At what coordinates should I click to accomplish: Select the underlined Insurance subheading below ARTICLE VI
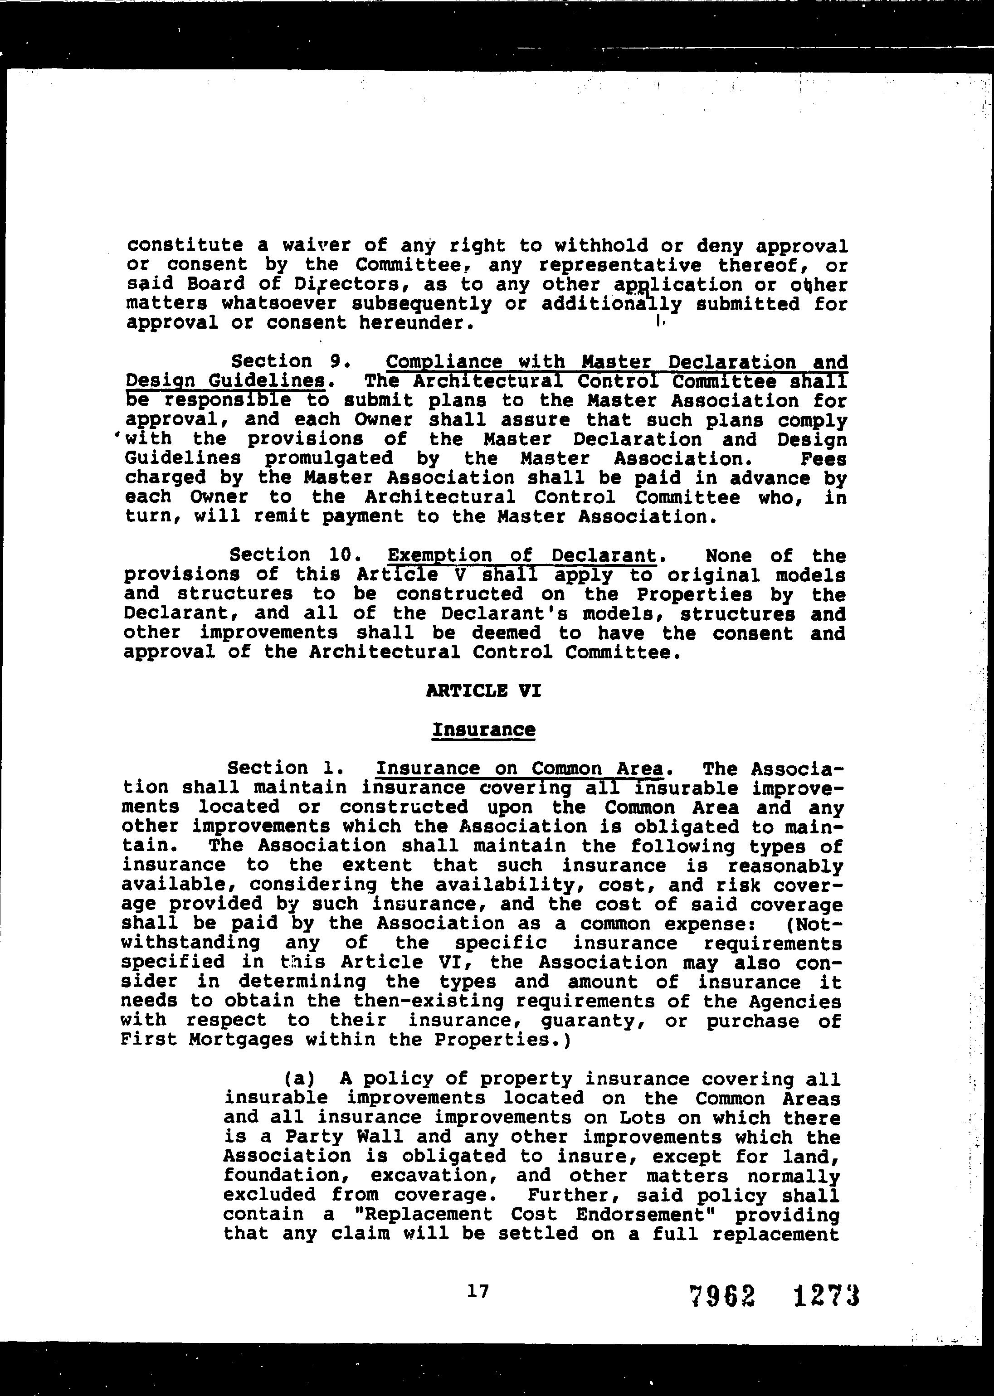point(483,730)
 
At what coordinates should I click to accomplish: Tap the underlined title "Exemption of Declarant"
point(522,556)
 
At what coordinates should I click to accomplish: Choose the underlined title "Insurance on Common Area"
point(520,769)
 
